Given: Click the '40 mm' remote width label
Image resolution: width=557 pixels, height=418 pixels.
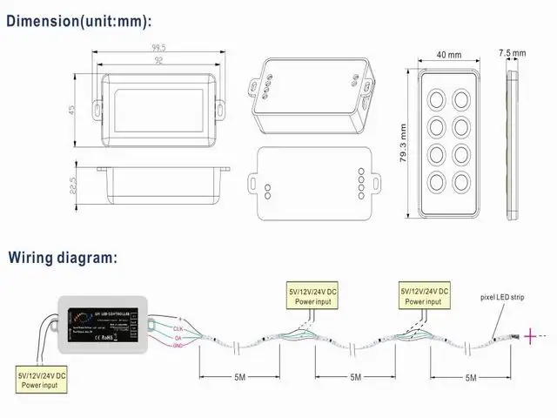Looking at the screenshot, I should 448,54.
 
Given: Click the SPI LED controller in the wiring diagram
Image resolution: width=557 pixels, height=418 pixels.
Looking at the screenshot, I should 105,325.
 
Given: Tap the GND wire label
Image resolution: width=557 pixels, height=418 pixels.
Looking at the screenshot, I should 178,346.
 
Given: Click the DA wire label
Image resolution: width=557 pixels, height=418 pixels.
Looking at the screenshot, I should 178,338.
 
